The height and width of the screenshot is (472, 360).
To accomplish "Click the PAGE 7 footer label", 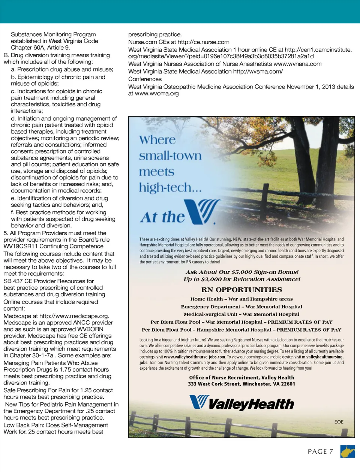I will pos(320,451).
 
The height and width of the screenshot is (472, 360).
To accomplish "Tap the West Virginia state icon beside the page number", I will pos(347,451).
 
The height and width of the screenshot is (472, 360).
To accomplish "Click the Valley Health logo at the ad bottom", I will pos(241,403).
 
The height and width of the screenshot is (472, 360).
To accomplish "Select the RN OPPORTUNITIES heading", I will pos(241,290).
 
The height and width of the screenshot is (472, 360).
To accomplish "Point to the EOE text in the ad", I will pos(339,422).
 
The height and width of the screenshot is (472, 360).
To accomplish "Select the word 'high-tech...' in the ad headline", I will pos(170,187).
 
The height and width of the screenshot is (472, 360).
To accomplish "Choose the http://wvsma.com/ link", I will pos(258,71).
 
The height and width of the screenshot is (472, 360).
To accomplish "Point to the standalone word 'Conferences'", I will pos(145,79).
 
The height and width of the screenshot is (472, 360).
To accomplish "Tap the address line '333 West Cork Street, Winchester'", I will pos(241,384).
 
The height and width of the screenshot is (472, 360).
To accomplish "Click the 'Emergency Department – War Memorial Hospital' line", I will pos(241,306).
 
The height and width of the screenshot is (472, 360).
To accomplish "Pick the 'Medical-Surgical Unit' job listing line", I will pos(241,314).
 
